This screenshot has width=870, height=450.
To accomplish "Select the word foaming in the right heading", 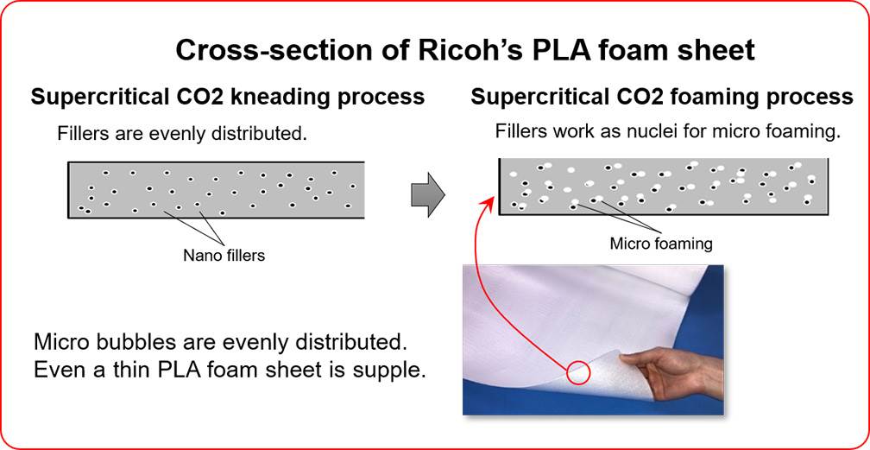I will tap(715, 97).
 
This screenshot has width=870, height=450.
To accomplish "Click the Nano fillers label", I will tap(224, 255).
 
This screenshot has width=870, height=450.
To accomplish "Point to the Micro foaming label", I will tap(661, 244).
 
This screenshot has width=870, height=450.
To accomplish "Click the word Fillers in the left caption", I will tap(82, 134).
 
